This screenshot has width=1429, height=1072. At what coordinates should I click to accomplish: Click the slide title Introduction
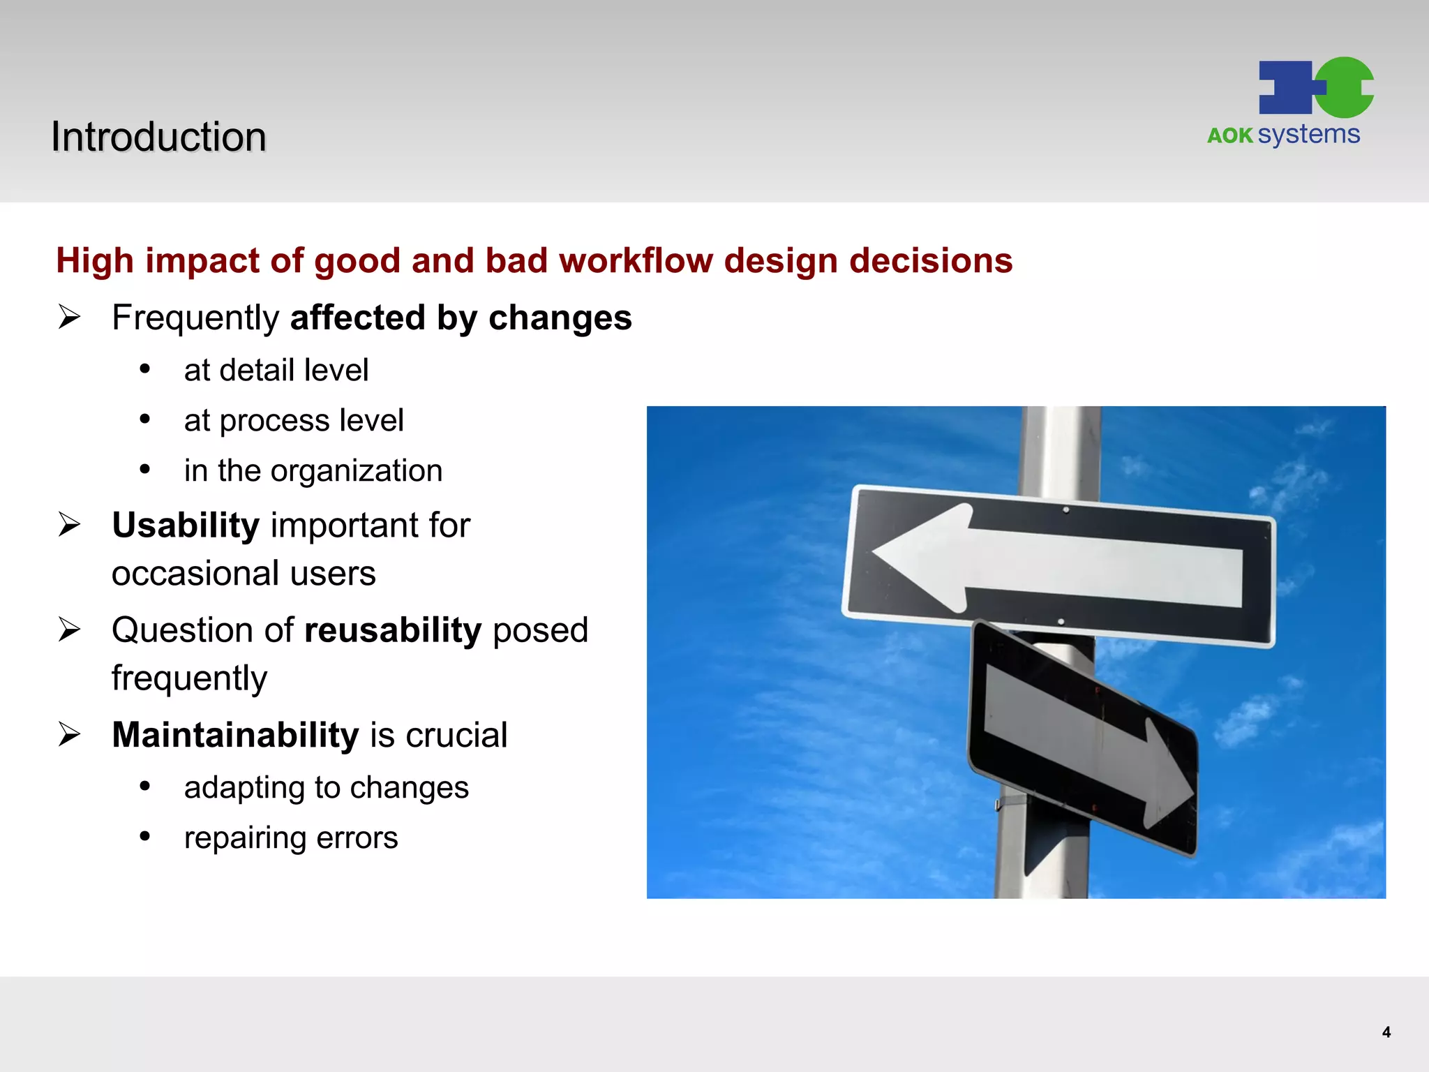click(x=158, y=137)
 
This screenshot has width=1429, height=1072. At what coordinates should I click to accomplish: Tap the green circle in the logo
click(x=1345, y=87)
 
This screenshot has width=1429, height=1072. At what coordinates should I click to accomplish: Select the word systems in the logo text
click(x=1309, y=134)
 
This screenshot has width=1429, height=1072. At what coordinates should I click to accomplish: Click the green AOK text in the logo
click(x=1229, y=135)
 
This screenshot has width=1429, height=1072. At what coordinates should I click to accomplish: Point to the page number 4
click(x=1386, y=1032)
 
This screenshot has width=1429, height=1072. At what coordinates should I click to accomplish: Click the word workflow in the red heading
click(x=636, y=260)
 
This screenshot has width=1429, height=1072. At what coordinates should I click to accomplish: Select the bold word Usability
click(x=186, y=525)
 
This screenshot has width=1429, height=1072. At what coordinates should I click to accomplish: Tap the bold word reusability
click(x=393, y=630)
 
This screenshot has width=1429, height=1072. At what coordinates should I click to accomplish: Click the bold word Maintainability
click(x=235, y=734)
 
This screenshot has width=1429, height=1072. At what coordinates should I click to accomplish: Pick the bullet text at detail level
click(x=276, y=370)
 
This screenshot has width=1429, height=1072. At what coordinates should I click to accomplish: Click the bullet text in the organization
click(x=313, y=470)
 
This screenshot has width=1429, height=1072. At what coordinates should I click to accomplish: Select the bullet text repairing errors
click(x=290, y=837)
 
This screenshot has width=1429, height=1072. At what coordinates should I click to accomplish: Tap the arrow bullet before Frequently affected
click(x=69, y=318)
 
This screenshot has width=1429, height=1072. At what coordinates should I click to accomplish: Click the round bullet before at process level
click(x=144, y=419)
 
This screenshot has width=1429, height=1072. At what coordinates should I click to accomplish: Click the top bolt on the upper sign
click(x=1065, y=510)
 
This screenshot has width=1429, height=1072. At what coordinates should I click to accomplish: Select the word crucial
click(x=456, y=735)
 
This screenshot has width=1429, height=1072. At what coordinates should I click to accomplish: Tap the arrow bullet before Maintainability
click(x=69, y=734)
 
